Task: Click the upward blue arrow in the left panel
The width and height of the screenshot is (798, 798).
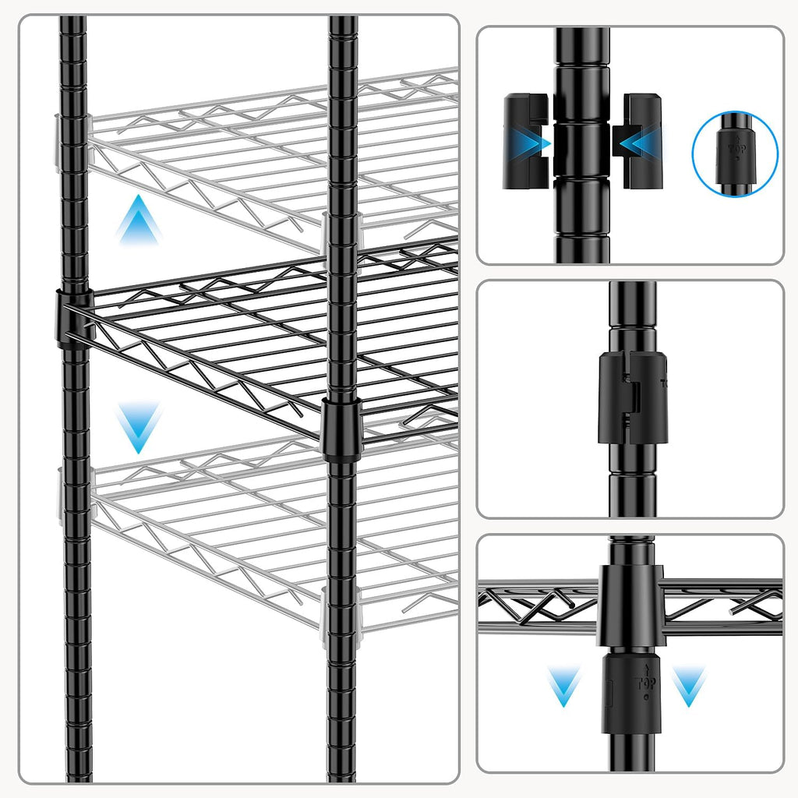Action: [139, 221]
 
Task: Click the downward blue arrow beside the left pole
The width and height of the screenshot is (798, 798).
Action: [139, 427]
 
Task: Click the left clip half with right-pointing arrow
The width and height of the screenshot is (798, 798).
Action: [528, 140]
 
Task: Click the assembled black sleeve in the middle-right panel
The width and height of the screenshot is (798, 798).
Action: [633, 397]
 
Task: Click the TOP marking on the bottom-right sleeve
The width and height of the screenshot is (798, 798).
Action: [647, 680]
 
